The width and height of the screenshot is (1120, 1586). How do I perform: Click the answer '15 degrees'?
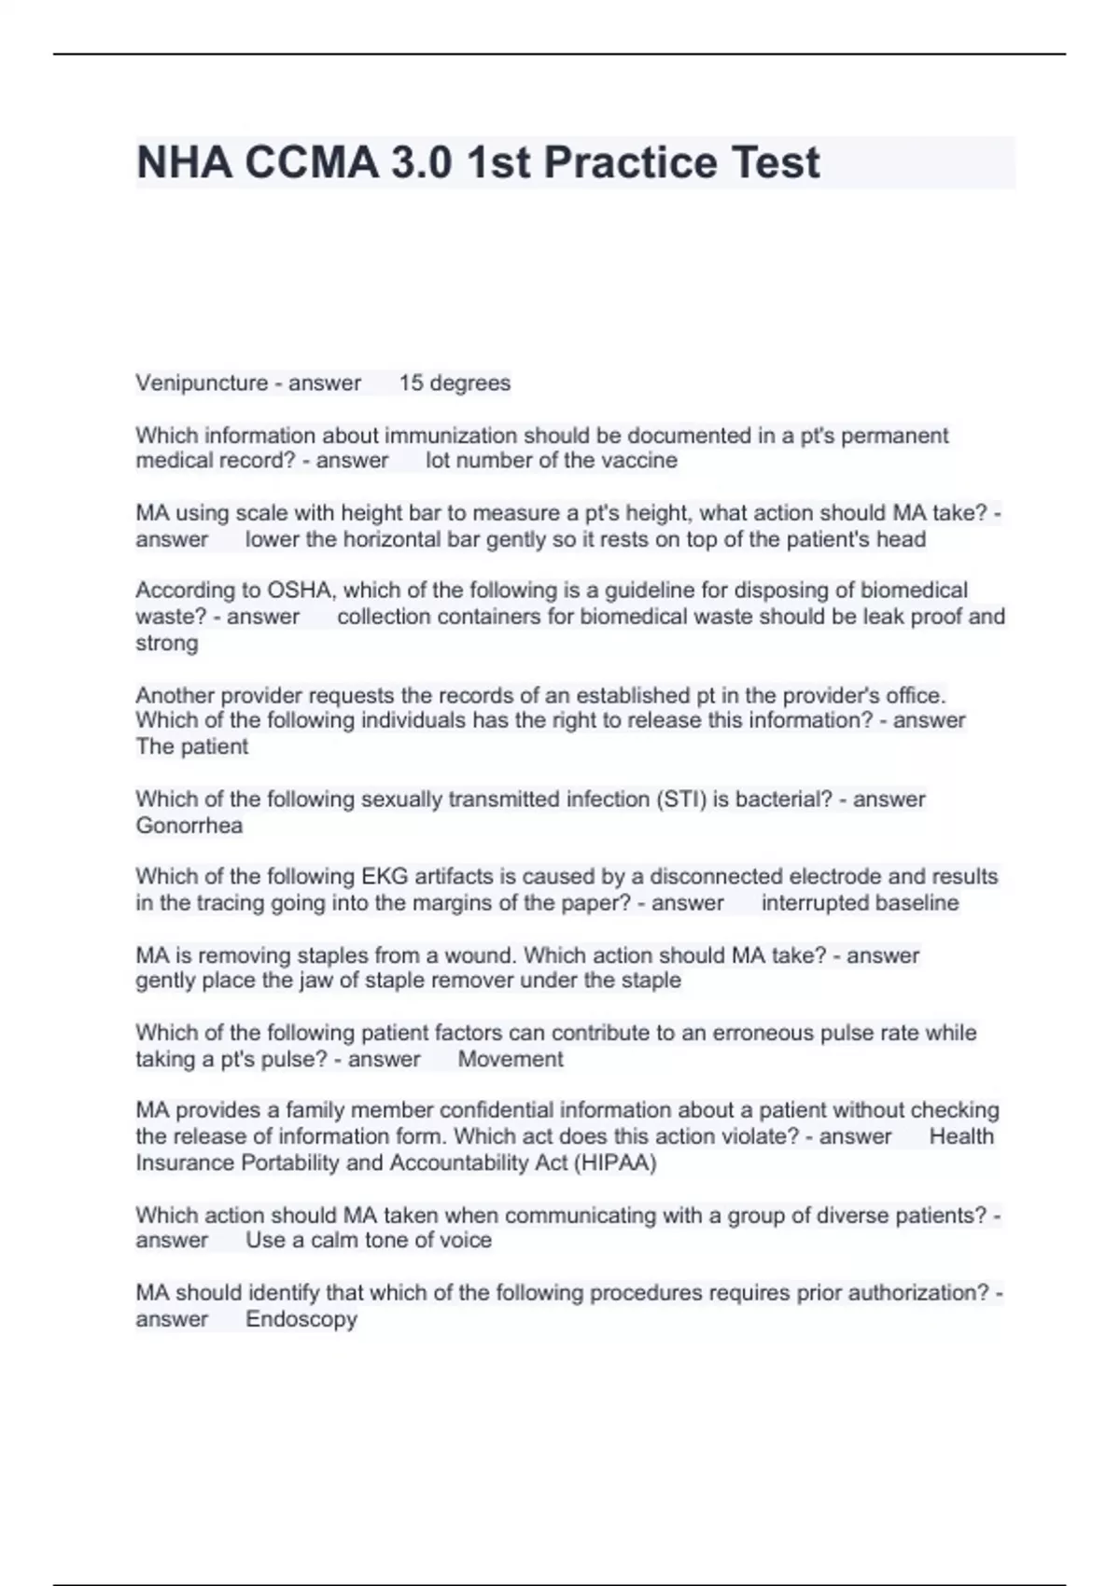(x=455, y=383)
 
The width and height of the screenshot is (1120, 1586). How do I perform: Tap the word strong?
(x=167, y=643)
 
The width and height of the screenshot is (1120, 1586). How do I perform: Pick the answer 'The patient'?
(x=192, y=746)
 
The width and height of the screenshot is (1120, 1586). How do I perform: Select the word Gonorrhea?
(x=189, y=826)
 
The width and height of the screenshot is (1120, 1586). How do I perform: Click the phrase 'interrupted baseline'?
(x=860, y=903)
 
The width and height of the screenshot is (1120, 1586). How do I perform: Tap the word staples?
(x=331, y=955)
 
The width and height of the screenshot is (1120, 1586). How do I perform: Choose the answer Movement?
(x=511, y=1060)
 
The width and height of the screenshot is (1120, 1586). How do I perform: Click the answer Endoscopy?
(x=301, y=1319)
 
